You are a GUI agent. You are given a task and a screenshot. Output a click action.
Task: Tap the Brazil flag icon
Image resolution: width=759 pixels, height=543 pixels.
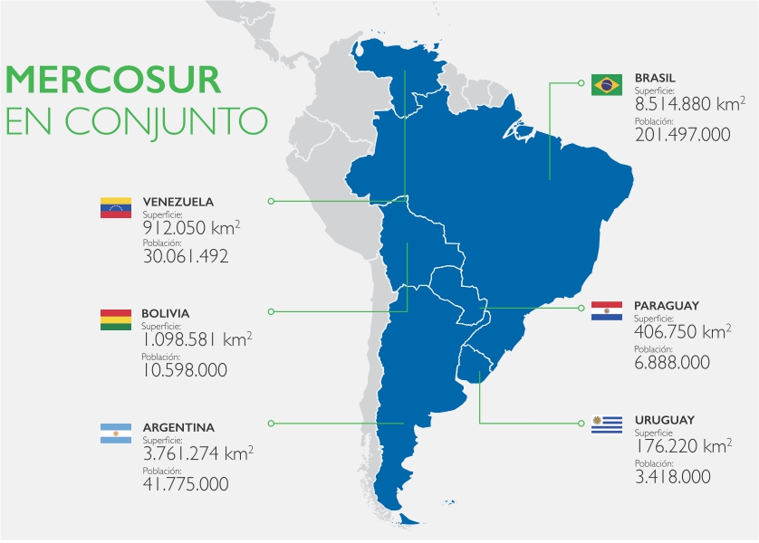point(606,85)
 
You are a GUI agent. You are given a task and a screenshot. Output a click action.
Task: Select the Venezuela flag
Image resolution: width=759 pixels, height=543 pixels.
point(117,208)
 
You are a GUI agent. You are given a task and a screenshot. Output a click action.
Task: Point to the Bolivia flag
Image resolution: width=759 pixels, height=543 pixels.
point(117,319)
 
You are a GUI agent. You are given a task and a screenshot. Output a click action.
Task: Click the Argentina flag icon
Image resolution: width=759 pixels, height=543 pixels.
point(117,433)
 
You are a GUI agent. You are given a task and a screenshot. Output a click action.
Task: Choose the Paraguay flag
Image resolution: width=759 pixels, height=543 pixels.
point(606,311)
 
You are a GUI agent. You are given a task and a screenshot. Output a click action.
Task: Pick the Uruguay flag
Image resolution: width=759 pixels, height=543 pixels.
point(606,424)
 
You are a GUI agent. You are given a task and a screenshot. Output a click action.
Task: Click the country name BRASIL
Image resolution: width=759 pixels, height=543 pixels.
point(655,78)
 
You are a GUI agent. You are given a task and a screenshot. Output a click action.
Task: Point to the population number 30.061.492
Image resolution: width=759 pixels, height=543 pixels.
point(185,256)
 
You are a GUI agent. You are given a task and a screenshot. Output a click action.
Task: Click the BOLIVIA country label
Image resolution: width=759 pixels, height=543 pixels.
point(166,313)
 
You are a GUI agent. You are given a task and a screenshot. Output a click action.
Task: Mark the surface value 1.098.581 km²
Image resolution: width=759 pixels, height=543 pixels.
point(196,339)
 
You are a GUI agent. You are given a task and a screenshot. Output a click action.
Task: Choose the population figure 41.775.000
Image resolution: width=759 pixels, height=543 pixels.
point(185,484)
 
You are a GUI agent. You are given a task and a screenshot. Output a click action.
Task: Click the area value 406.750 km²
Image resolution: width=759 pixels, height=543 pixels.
point(682,333)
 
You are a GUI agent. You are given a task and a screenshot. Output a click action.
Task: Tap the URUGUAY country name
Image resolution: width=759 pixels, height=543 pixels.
point(664,420)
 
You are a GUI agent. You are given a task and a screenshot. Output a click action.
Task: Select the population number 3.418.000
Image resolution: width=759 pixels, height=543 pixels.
point(672,476)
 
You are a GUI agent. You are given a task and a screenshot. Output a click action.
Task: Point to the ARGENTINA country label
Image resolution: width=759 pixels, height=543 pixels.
point(178,427)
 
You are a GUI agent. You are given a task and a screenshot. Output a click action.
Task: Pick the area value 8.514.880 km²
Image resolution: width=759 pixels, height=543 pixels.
point(688,105)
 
